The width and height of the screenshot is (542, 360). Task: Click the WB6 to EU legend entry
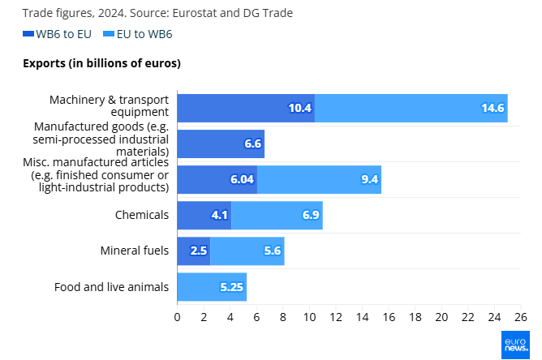coord(57,34)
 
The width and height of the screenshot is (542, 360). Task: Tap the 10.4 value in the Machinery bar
coord(300,108)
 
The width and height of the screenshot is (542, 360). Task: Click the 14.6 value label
coord(493,108)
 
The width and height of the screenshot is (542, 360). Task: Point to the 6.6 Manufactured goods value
coord(252,144)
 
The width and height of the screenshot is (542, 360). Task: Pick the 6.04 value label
coord(243,179)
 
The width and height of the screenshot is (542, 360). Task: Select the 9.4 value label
coord(370,179)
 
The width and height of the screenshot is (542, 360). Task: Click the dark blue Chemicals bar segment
coord(204,215)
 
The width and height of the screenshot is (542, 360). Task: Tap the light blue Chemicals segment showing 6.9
coord(277,215)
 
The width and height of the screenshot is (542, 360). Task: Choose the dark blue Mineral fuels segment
coord(193,251)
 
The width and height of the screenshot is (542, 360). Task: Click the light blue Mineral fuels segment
coord(247,251)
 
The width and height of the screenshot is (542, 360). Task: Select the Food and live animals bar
coord(212,286)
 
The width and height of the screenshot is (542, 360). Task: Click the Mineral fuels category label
coord(135,251)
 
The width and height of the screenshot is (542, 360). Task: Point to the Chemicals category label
coord(142,215)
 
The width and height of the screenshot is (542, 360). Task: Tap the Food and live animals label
coord(111,286)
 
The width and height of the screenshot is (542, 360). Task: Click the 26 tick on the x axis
coord(520,315)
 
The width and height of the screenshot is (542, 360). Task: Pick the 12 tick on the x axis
coord(335,315)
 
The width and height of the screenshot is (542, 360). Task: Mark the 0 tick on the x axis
coord(177,315)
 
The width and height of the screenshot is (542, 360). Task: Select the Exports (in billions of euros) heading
coord(101,63)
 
